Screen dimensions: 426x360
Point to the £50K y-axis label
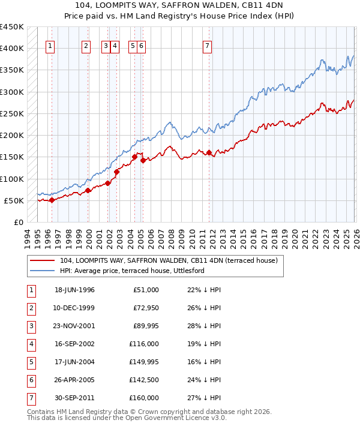(14, 200)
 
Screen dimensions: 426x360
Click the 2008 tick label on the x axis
(172, 235)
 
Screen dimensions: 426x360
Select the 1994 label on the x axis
(28, 235)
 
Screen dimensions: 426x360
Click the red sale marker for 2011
(209, 152)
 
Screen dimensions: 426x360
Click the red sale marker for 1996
(52, 200)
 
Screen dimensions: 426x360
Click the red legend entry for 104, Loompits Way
(169, 261)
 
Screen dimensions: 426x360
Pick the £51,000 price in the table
(146, 290)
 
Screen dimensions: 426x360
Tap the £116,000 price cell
(145, 344)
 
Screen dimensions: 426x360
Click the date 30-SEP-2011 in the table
(74, 398)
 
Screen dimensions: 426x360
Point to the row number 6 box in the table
(30, 380)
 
